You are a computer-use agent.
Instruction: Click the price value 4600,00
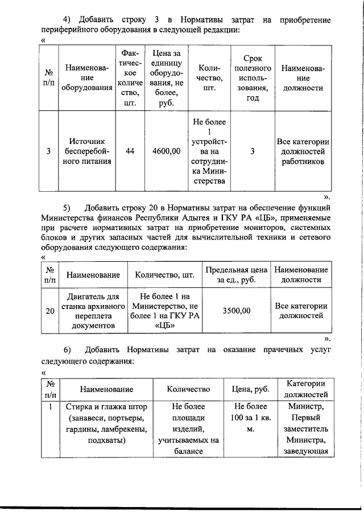167,151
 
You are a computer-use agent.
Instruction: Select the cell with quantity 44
130,151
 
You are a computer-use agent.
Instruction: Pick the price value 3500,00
236,310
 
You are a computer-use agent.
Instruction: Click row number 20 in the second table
50,310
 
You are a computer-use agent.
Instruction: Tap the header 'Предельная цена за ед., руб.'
236,275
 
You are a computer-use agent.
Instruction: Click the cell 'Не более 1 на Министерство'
164,310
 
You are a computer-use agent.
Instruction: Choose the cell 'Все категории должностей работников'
303,151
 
